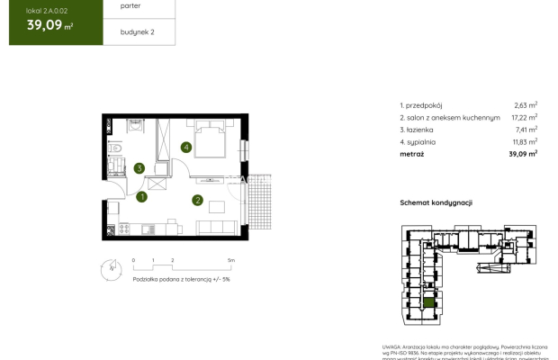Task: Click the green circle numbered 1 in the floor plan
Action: click(x=142, y=197)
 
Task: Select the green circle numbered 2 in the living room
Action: click(x=197, y=200)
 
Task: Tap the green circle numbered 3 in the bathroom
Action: click(x=139, y=167)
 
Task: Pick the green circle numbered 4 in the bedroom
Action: click(x=186, y=147)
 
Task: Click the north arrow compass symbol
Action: click(x=109, y=266)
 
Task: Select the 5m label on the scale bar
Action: click(x=231, y=259)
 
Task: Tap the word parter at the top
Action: click(x=118, y=4)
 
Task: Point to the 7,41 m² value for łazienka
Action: click(x=525, y=130)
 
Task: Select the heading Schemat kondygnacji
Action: click(x=436, y=203)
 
